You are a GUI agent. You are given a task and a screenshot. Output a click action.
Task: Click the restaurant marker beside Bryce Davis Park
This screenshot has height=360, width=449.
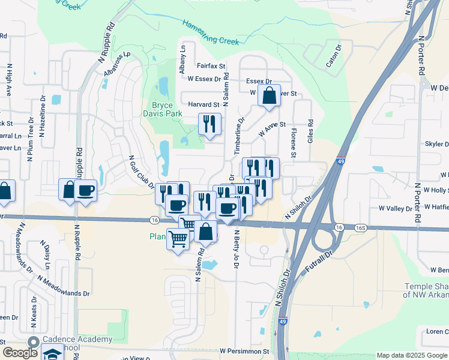pyautogui.click(x=209, y=124)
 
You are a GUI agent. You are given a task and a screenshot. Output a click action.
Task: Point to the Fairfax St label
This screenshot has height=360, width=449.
pyautogui.click(x=211, y=65)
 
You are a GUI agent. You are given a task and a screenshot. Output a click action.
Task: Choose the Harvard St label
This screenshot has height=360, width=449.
pyautogui.click(x=203, y=104)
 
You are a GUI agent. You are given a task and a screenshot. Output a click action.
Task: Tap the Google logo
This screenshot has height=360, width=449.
pyautogui.click(x=20, y=352)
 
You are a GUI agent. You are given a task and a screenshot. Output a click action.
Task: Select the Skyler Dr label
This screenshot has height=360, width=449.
pyautogui.click(x=436, y=144)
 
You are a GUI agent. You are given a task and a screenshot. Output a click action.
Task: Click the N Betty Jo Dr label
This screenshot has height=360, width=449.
pyautogui.click(x=237, y=250)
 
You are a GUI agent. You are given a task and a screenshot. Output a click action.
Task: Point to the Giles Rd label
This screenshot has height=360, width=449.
pyautogui.click(x=311, y=130)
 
